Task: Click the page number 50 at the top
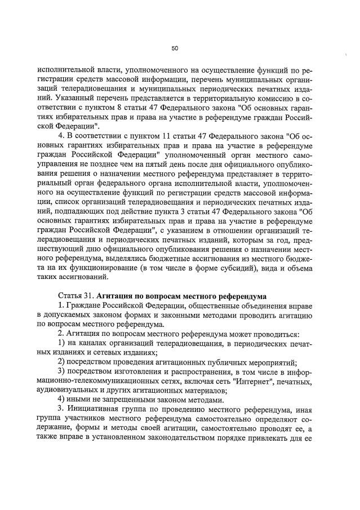coord(175,49)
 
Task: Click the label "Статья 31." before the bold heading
coord(75,296)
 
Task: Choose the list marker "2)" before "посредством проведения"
coord(63,362)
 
